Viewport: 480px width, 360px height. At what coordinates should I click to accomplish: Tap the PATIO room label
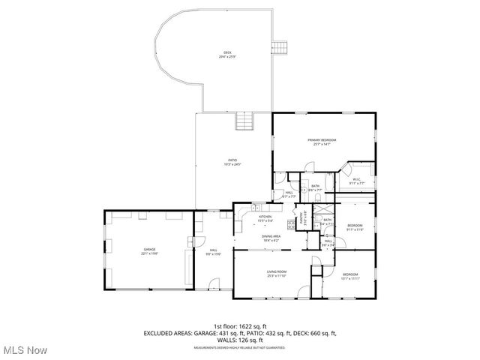pyautogui.click(x=233, y=160)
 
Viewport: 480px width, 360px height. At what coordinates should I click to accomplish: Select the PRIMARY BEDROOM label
pyautogui.click(x=322, y=140)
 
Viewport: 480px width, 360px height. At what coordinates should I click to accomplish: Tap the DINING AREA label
pyautogui.click(x=271, y=236)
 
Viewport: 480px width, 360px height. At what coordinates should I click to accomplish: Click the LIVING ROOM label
pyautogui.click(x=277, y=271)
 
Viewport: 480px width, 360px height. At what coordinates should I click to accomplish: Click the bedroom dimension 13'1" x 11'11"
pyautogui.click(x=351, y=278)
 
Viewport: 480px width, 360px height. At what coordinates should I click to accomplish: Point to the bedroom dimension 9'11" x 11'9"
pyautogui.click(x=355, y=229)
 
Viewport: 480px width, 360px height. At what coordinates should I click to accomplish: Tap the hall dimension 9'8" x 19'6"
pyautogui.click(x=213, y=254)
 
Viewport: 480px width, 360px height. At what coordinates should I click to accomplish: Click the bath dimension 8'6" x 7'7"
pyautogui.click(x=316, y=190)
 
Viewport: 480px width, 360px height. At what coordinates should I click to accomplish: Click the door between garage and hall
pyautogui.click(x=193, y=242)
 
